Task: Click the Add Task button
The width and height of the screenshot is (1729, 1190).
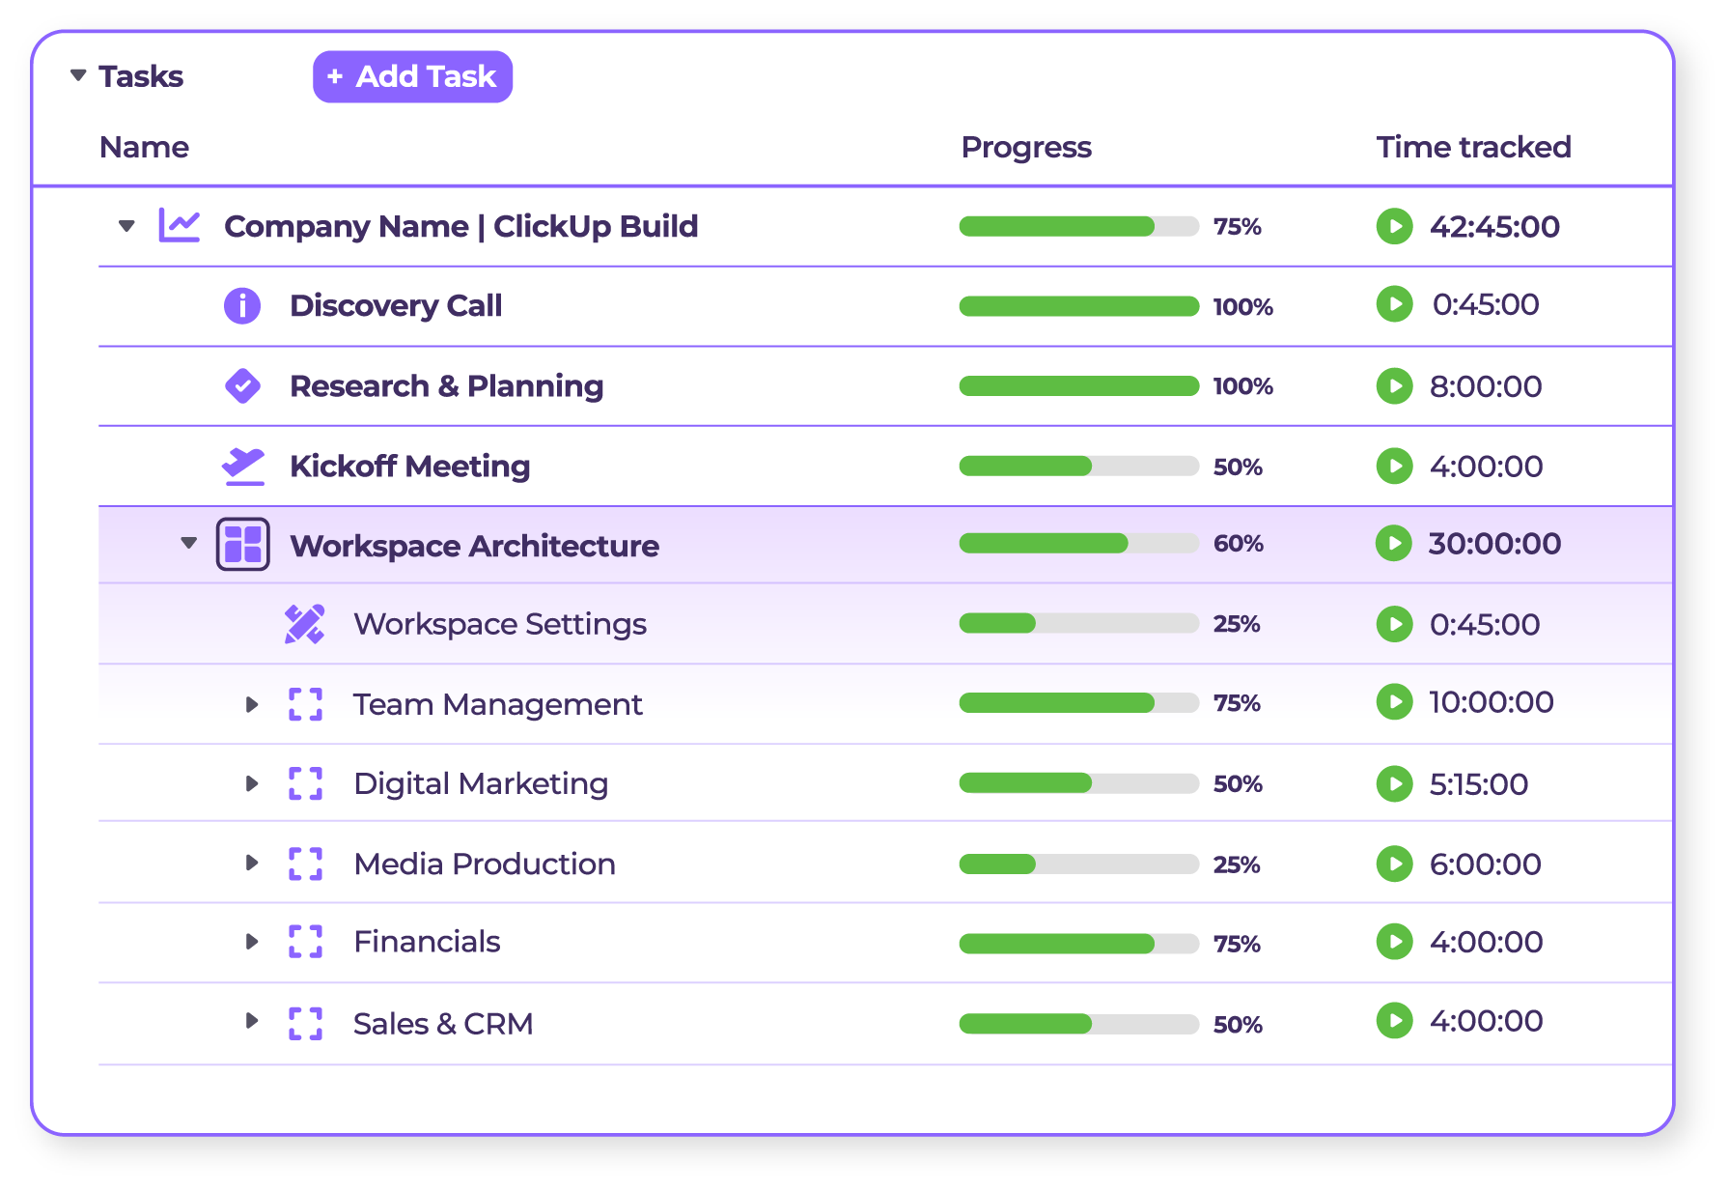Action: (x=412, y=76)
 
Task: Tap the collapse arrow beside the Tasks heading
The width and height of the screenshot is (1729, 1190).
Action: (x=78, y=75)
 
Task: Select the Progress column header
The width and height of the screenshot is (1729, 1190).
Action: (x=1025, y=147)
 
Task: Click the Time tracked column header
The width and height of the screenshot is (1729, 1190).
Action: (x=1473, y=147)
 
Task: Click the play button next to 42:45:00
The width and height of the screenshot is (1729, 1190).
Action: (x=1394, y=226)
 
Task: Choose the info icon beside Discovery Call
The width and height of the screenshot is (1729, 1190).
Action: (x=242, y=305)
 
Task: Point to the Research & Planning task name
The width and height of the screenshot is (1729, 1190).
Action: (x=446, y=385)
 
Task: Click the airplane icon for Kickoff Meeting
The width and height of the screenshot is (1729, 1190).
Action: (x=242, y=466)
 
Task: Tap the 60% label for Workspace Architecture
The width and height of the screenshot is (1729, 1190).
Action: (x=1238, y=544)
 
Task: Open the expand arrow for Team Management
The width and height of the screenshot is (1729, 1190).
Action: (x=252, y=704)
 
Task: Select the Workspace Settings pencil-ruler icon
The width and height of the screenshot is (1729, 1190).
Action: (x=304, y=624)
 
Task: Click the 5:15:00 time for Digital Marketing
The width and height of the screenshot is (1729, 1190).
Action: (x=1478, y=783)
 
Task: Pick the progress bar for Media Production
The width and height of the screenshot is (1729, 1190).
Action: (x=1078, y=864)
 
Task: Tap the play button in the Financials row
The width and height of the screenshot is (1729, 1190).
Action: (x=1394, y=942)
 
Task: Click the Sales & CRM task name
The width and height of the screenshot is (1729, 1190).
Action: (x=443, y=1023)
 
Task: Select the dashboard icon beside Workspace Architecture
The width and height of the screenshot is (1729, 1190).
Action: (x=242, y=545)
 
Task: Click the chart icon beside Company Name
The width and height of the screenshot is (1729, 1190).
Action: (x=180, y=226)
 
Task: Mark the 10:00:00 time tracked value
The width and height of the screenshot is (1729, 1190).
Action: (x=1491, y=702)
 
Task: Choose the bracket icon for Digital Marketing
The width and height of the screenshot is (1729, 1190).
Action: (x=305, y=783)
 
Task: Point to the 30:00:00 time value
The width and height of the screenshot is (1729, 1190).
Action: (x=1493, y=544)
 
